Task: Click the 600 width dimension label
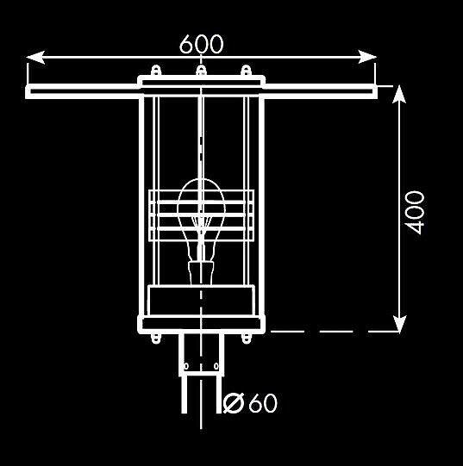(x=201, y=44)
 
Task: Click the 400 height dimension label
(x=416, y=213)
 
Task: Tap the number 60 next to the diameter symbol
(x=263, y=403)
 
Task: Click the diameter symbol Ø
(x=234, y=403)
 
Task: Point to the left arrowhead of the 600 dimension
(x=35, y=57)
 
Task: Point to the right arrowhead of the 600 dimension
(x=367, y=57)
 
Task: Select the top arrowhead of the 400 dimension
(x=399, y=94)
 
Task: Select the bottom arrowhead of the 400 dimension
(x=399, y=323)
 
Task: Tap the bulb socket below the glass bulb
(x=201, y=273)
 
